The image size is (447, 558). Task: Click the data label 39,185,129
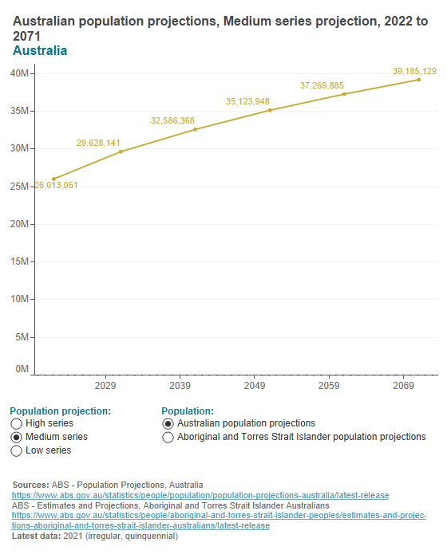(414, 72)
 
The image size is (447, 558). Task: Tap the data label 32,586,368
(172, 121)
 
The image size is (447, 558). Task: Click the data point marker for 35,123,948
(270, 110)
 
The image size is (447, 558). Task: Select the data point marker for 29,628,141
(121, 151)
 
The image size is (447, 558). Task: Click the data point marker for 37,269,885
(344, 94)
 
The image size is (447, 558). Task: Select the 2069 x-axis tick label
(403, 386)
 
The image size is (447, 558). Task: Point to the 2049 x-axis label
(254, 386)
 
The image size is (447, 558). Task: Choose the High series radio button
(17, 424)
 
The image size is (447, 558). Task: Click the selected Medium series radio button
(17, 438)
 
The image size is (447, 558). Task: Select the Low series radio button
(17, 451)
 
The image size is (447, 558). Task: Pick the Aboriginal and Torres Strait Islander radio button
(168, 438)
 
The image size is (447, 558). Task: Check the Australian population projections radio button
(168, 424)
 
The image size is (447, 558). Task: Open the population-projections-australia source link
(200, 495)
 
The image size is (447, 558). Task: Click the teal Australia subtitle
(40, 51)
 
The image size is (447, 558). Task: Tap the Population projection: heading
(60, 411)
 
